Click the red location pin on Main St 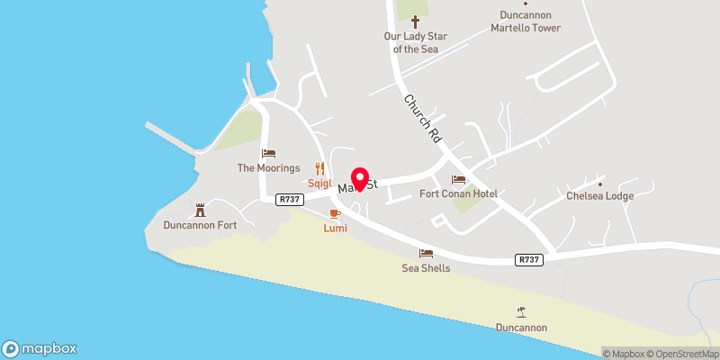click(x=361, y=179)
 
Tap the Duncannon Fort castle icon click(x=201, y=210)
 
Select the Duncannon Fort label click(x=200, y=225)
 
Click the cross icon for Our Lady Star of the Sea click(x=416, y=22)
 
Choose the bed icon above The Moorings click(x=267, y=154)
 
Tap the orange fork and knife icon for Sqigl click(x=319, y=167)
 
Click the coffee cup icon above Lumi click(x=335, y=213)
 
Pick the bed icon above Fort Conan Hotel click(x=459, y=180)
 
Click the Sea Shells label click(x=426, y=268)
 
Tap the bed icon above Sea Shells click(x=426, y=254)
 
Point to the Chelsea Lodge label click(x=599, y=196)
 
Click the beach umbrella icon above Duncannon click(x=521, y=311)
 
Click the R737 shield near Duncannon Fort click(x=288, y=200)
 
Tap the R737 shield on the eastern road click(x=529, y=259)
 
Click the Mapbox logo click(x=40, y=348)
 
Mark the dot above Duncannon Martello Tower click(x=526, y=4)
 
